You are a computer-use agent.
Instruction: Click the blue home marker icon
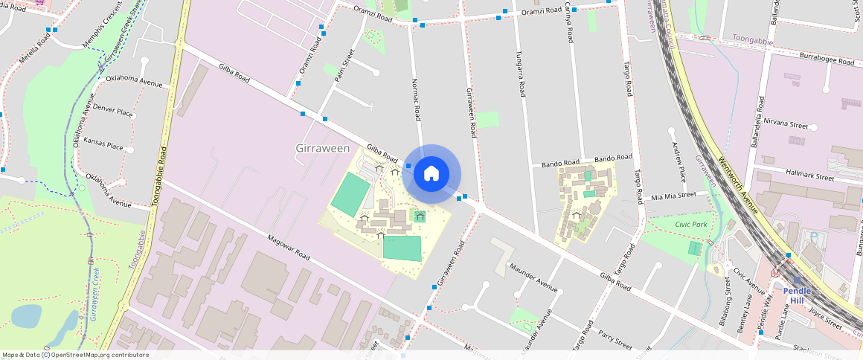[431, 174]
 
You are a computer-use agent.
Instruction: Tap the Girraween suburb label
[323, 149]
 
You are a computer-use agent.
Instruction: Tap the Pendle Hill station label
[797, 295]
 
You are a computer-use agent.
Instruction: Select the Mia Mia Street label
[674, 196]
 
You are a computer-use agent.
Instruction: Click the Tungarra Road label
[521, 74]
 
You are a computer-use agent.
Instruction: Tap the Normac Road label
[417, 100]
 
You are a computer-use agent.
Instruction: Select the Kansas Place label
[103, 145]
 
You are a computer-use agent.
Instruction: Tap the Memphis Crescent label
[102, 29]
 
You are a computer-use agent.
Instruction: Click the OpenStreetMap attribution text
[75, 355]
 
